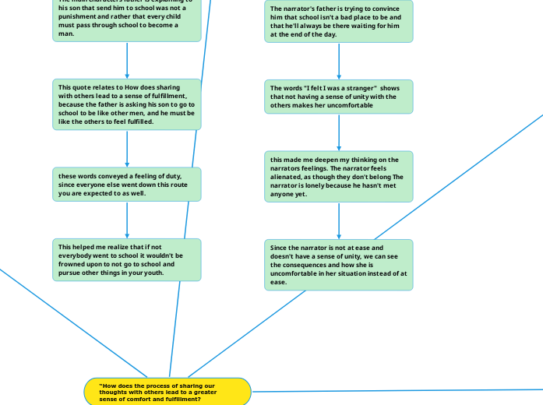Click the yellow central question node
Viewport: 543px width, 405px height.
pos(167,391)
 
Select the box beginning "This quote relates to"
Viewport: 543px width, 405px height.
pos(127,104)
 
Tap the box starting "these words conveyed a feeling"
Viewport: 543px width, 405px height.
pos(127,185)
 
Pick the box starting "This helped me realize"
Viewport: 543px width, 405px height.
pos(127,259)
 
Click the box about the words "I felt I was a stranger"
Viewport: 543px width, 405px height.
pos(338,97)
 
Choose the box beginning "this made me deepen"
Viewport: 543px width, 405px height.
pos(338,177)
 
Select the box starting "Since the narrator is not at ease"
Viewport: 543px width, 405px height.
pos(338,265)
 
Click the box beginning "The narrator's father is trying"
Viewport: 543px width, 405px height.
pos(338,21)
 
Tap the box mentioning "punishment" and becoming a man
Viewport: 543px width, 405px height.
pos(127,19)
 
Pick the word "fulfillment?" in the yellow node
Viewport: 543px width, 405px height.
pos(183,399)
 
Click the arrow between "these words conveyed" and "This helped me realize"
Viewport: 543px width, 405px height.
pos(127,220)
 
